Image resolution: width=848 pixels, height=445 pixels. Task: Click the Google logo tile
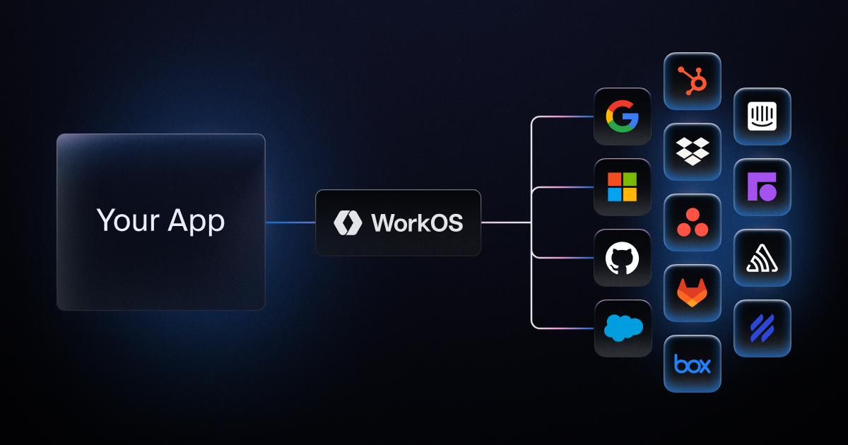pos(622,117)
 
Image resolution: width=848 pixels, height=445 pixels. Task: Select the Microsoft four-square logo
pos(622,187)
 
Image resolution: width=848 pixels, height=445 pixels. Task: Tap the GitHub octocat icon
pos(622,258)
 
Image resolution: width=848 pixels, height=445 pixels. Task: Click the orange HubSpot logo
pos(693,81)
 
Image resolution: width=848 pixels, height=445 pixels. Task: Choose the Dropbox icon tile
pos(693,152)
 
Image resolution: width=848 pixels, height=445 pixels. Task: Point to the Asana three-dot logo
pos(693,222)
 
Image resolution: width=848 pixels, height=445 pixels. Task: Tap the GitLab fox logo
pos(693,293)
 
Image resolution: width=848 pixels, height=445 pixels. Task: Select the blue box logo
pos(693,364)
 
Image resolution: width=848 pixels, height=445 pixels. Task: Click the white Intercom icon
pos(762,117)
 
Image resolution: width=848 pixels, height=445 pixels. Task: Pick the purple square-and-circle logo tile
pos(762,187)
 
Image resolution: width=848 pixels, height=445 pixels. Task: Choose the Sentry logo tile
pos(762,258)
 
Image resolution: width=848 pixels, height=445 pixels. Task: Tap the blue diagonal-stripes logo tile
pos(762,328)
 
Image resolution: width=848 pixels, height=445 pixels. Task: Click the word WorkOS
pos(417,223)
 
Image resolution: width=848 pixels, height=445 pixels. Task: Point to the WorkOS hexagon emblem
pos(348,222)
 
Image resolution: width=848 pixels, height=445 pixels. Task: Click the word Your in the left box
pos(127,221)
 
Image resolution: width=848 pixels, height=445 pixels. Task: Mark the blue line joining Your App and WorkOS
pos(290,222)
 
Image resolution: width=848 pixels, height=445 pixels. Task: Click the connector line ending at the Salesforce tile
pos(565,328)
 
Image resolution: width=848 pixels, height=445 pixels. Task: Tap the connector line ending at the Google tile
pos(565,117)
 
